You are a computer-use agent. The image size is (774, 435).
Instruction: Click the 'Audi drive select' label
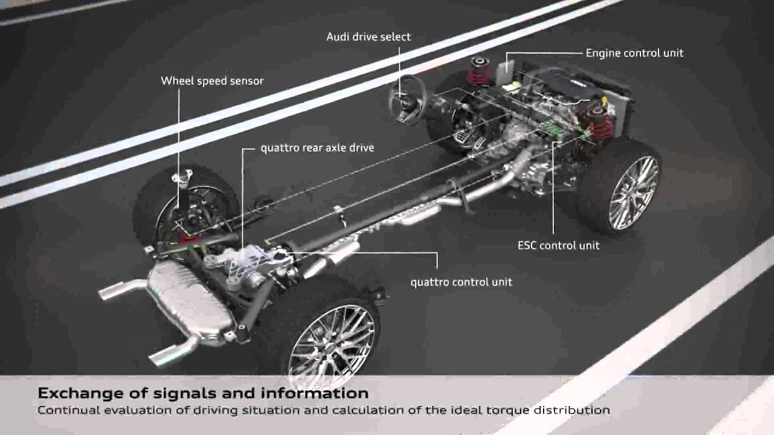pos(368,37)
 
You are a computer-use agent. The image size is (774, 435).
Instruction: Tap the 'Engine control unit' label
pos(634,53)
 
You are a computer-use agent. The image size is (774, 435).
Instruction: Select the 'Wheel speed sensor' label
pos(212,81)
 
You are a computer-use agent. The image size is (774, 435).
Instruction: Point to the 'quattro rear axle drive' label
pos(317,148)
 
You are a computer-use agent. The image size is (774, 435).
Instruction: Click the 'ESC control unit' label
pos(558,245)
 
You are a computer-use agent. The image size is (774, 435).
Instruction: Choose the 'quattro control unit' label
pos(461,282)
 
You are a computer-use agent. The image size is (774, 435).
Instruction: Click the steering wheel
pos(408,100)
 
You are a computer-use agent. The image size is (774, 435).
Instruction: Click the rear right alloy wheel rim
pos(332,345)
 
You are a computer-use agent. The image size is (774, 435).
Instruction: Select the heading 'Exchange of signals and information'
pos(203,393)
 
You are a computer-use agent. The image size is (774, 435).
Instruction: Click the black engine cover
pos(567,86)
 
